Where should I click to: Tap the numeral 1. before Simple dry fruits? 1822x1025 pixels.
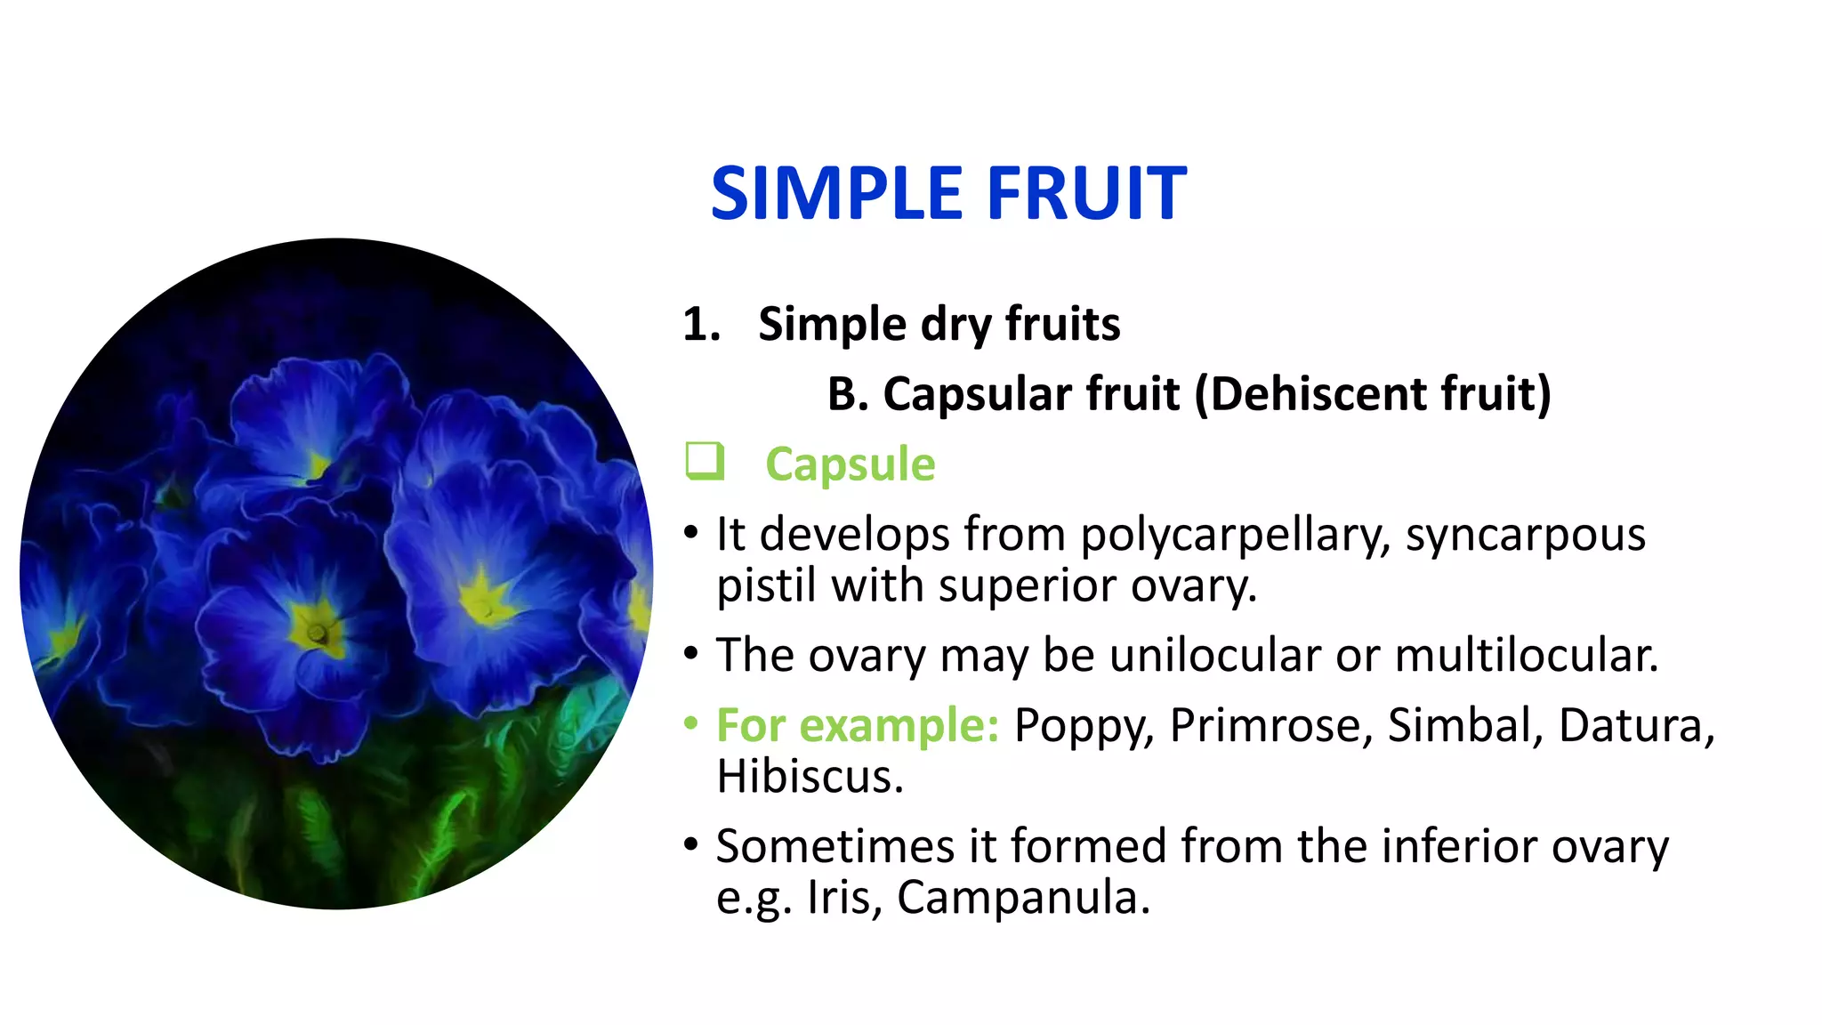point(701,324)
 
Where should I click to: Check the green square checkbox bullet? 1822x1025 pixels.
point(705,461)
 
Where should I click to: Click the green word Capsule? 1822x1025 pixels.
point(850,464)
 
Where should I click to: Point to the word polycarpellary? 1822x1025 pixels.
point(1235,535)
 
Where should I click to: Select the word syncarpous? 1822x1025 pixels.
point(1525,535)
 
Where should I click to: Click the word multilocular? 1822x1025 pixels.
point(1526,655)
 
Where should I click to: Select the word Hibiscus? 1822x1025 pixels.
point(810,776)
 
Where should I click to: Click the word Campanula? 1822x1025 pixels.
point(1023,897)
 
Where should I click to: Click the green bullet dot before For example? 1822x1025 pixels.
point(691,722)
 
